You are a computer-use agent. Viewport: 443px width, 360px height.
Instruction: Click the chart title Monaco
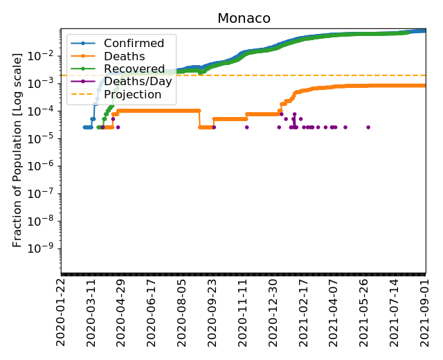pos(244,19)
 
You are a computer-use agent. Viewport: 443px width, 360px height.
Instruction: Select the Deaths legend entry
pos(119,57)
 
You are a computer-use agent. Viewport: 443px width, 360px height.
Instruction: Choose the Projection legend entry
pos(132,94)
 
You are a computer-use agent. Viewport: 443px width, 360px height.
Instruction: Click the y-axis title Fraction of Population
pos(18,149)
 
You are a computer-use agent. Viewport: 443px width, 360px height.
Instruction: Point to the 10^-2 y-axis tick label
pos(45,55)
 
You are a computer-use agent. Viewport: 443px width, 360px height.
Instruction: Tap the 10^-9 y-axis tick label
pos(45,248)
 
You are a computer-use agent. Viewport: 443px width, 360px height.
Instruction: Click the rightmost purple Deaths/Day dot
pos(368,127)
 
